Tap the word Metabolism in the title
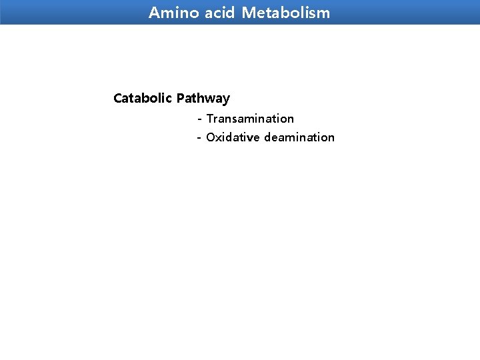click(286, 13)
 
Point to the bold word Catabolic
click(143, 99)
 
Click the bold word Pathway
click(203, 99)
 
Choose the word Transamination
click(250, 119)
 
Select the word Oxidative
click(233, 137)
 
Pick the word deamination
click(299, 137)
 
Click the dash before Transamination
click(199, 119)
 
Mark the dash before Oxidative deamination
click(199, 138)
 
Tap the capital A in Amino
click(154, 13)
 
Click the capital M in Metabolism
click(247, 13)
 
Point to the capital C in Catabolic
click(118, 99)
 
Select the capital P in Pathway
click(181, 99)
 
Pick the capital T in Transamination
click(209, 119)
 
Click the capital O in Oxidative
click(211, 137)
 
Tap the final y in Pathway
click(226, 100)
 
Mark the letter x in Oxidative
click(219, 138)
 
